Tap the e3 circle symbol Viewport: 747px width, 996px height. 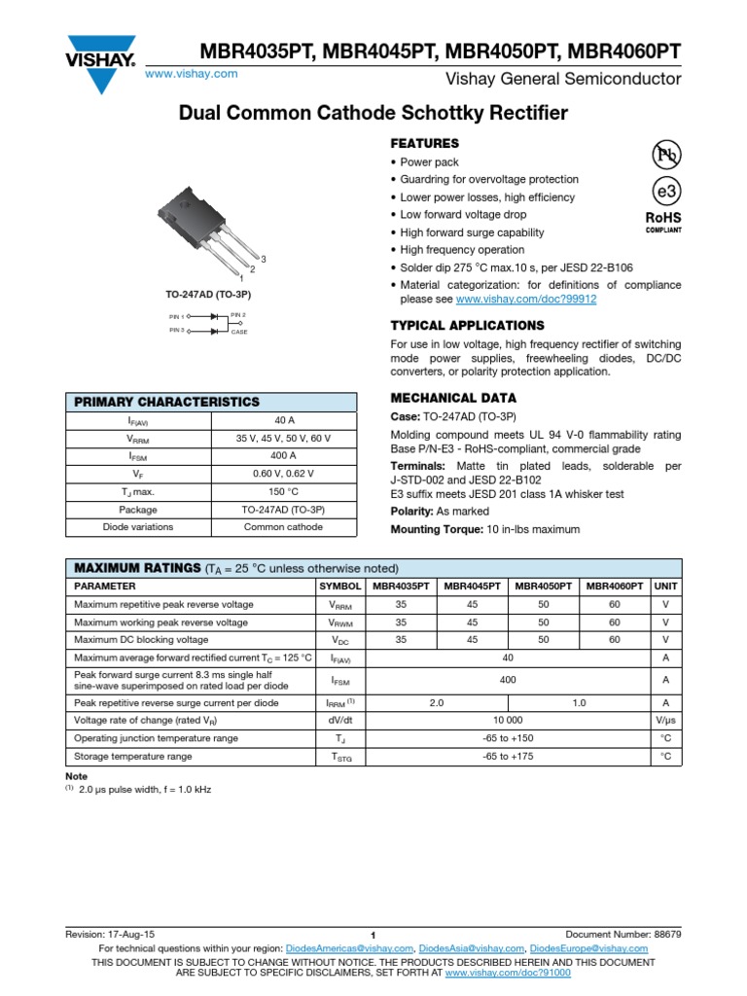point(666,191)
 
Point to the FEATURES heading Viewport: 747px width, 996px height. point(424,143)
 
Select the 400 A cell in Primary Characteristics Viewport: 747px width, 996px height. point(284,456)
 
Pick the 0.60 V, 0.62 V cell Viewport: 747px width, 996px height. point(284,474)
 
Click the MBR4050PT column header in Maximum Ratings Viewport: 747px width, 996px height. point(544,587)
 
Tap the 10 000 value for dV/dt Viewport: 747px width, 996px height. point(508,721)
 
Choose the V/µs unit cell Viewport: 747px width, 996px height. point(665,721)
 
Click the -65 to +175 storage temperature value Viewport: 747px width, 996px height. point(508,756)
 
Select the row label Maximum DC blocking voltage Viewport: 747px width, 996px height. point(141,640)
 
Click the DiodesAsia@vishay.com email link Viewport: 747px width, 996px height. point(473,948)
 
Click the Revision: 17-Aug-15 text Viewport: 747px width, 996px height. point(109,934)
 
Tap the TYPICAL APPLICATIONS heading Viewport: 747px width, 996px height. point(467,326)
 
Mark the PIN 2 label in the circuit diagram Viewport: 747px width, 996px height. point(238,315)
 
